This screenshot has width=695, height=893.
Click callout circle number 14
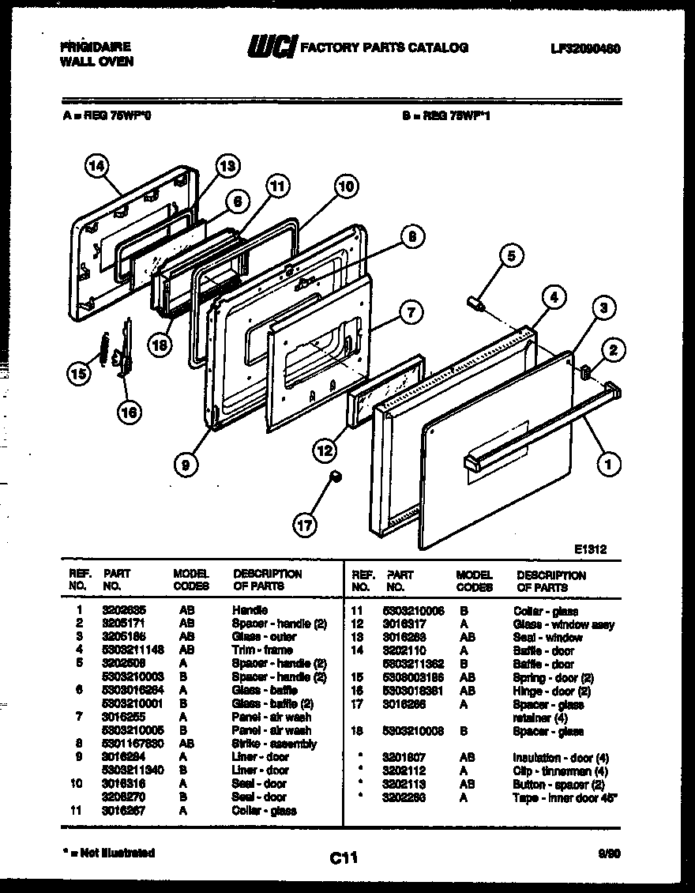pos(96,167)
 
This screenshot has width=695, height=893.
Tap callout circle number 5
pos(511,256)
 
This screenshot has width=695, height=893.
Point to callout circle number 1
pos(607,465)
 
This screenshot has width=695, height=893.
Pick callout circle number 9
pos(185,465)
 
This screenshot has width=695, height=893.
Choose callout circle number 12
pos(323,451)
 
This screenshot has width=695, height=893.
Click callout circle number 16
pos(130,410)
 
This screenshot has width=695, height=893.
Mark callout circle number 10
pos(345,187)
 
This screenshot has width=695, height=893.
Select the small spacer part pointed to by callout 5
pos(476,302)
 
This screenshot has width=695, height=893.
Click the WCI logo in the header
pos(271,47)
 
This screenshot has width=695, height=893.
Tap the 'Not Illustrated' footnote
pos(108,853)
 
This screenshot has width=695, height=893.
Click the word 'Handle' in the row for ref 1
pos(250,610)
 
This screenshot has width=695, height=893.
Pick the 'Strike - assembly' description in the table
pos(273,744)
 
